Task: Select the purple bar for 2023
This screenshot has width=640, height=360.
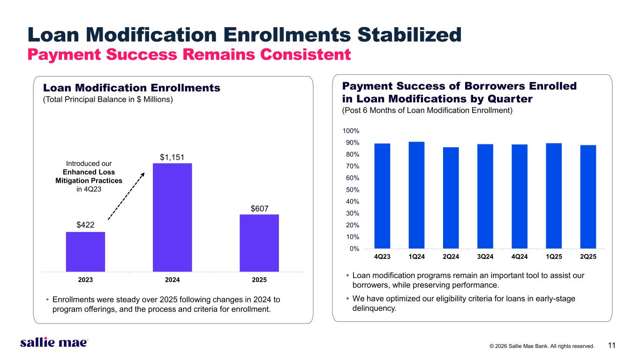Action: tap(85, 252)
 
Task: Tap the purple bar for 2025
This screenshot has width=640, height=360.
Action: tap(259, 243)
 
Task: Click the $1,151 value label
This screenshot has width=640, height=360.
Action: tap(173, 157)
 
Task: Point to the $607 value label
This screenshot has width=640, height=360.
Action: tap(259, 208)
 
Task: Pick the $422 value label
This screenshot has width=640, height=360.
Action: tap(85, 225)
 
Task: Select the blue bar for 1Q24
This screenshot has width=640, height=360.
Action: tap(416, 195)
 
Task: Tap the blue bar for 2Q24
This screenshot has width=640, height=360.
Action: tap(451, 198)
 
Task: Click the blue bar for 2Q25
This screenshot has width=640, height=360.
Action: tap(588, 197)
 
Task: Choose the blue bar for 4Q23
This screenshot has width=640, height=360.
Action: tap(382, 196)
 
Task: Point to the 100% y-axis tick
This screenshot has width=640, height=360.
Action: tap(352, 131)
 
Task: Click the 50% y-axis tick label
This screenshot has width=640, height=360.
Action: tap(353, 190)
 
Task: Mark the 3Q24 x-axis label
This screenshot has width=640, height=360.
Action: tap(485, 257)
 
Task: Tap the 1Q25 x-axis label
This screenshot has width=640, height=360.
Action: tap(554, 257)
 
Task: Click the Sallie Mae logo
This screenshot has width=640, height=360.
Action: tap(54, 343)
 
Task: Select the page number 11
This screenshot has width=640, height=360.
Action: tap(611, 346)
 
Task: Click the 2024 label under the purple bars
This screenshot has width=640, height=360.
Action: tap(173, 280)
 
